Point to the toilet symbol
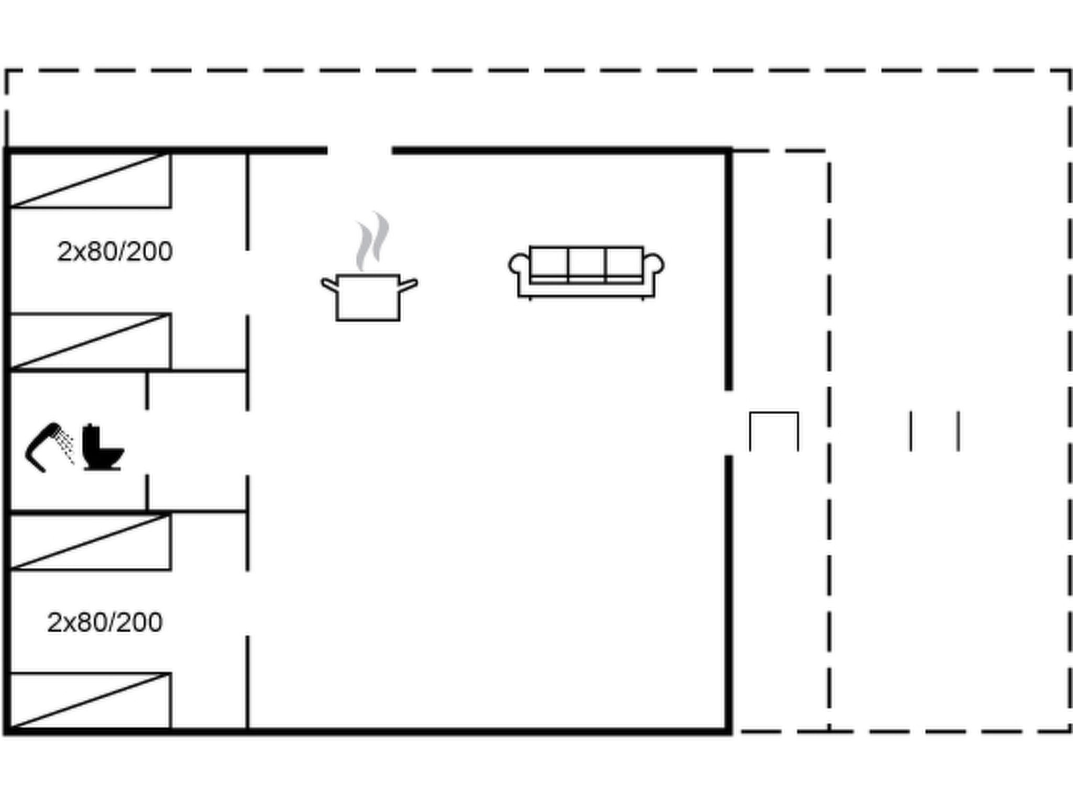click(103, 447)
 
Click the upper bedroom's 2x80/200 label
click(115, 251)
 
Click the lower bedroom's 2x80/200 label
click(105, 622)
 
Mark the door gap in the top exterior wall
click(360, 151)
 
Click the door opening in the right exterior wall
click(728, 423)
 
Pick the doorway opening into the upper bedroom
click(247, 283)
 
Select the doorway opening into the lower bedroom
click(247, 604)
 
